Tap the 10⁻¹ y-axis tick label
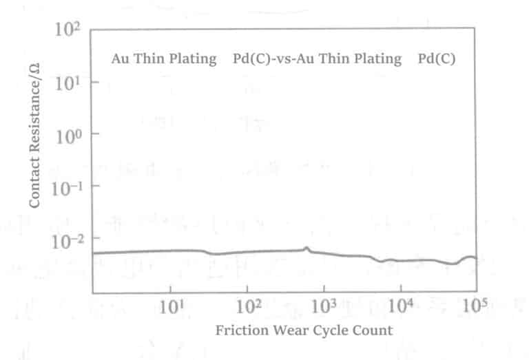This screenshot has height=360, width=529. pos(68,187)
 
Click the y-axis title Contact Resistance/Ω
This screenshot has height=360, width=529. pos(34,136)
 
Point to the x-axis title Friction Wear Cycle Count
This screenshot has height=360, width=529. pos(304,330)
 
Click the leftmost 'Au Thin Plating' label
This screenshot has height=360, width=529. pos(164,59)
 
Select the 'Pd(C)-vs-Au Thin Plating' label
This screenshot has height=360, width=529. pos(318,59)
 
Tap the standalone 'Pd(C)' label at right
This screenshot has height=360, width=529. pos(437,59)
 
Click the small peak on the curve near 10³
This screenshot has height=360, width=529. pos(307,248)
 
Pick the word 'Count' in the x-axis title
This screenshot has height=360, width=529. pos(376,330)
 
